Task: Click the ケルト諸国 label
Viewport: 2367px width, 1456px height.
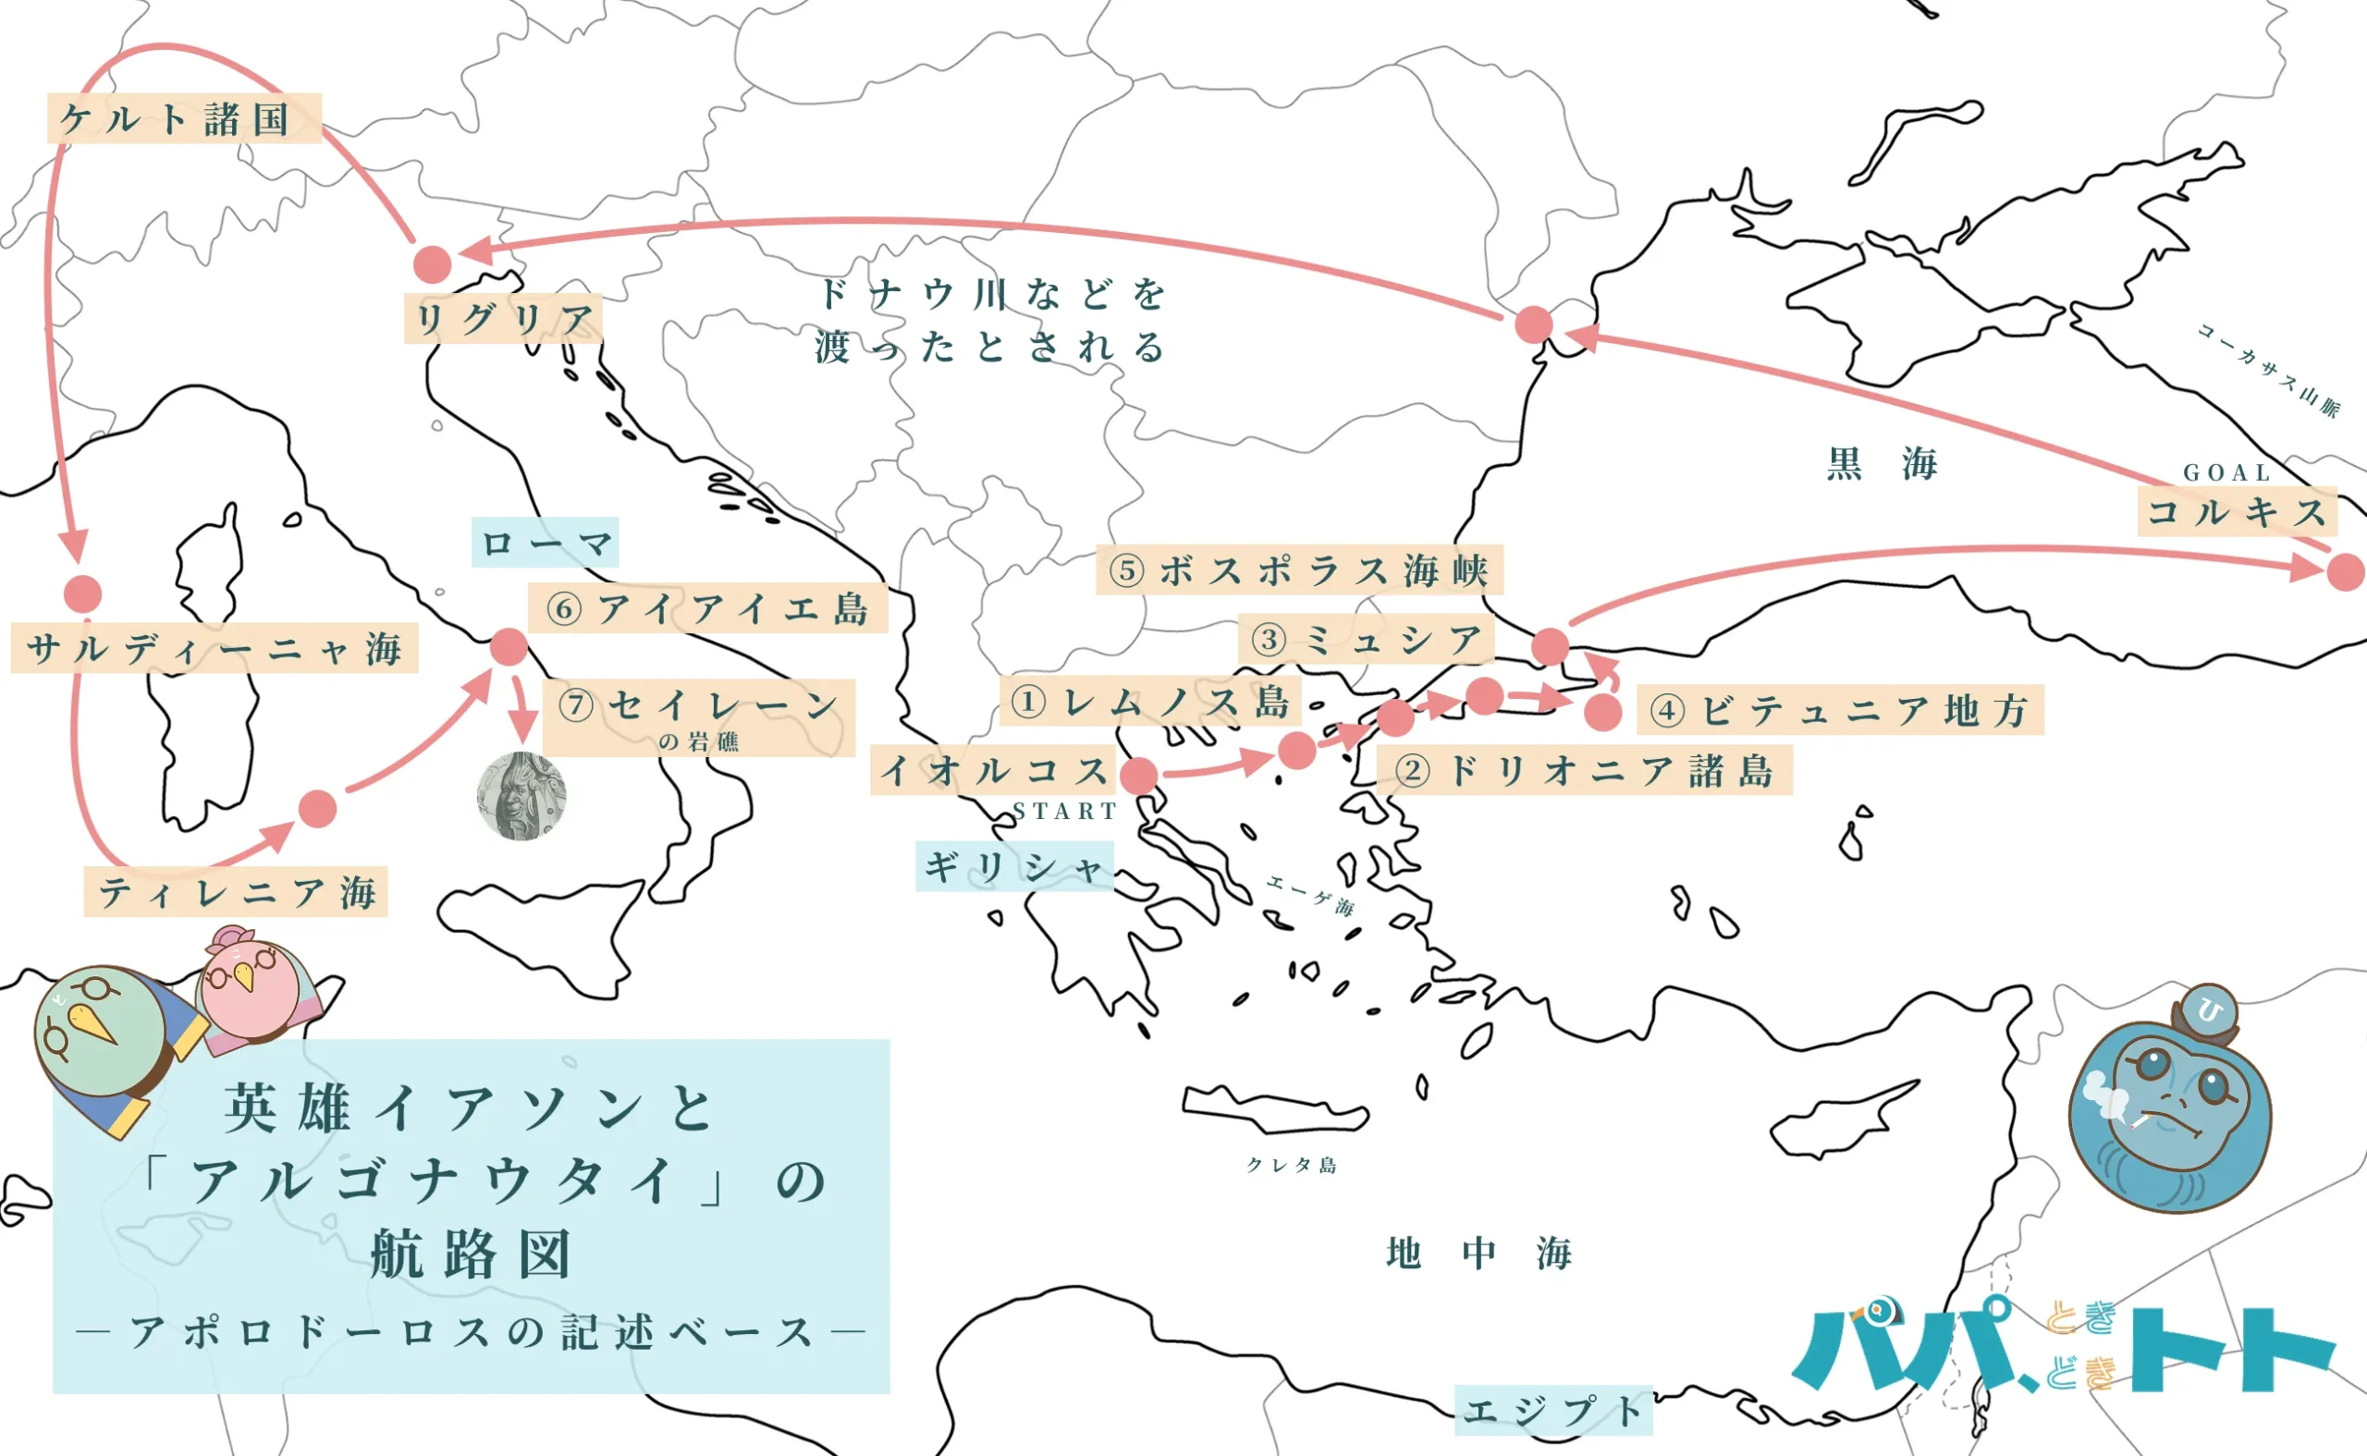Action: [x=184, y=118]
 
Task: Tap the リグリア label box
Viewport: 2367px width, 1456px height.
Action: [x=504, y=319]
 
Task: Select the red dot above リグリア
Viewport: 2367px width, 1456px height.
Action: [x=433, y=263]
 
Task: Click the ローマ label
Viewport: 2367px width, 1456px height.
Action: [x=545, y=544]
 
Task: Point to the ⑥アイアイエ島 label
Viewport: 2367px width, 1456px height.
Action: [x=708, y=608]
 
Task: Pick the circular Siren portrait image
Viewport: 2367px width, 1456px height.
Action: [x=521, y=796]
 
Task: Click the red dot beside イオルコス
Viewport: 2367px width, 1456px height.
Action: [x=1139, y=776]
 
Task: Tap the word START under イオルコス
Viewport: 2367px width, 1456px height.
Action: [x=1064, y=812]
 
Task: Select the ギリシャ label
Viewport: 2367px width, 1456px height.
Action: [x=1014, y=867]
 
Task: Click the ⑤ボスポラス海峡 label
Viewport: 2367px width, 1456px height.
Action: [x=1299, y=570]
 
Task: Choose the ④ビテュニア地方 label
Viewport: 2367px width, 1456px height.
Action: [x=1839, y=711]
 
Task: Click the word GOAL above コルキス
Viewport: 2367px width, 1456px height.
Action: [x=2227, y=472]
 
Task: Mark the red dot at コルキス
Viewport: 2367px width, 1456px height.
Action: [x=2346, y=572]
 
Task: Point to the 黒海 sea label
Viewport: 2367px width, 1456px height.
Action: [x=1882, y=464]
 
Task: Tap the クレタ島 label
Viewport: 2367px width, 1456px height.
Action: [x=1292, y=1165]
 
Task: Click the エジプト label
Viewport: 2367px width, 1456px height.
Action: [x=1552, y=1411]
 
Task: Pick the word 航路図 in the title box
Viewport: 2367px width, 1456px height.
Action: [x=471, y=1254]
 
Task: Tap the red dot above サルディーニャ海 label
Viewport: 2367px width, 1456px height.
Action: [x=83, y=594]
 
